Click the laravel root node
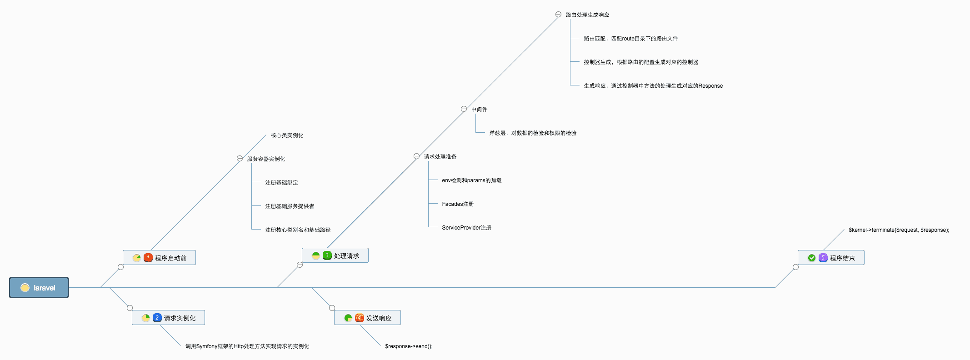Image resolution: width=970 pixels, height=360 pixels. [39, 288]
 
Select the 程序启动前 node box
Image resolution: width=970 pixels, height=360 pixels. [160, 258]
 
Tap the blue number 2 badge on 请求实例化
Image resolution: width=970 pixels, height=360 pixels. [157, 318]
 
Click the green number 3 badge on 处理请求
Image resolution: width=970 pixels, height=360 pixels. [327, 255]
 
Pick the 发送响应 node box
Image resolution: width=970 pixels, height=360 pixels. [368, 318]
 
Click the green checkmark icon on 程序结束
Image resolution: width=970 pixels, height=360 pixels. [812, 258]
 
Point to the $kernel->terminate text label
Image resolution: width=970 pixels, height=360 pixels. [899, 230]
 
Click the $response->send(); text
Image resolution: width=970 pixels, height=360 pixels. [409, 346]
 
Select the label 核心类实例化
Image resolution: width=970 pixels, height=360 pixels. [287, 135]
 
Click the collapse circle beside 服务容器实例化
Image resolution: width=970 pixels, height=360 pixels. [240, 159]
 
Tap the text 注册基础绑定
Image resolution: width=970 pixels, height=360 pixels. [281, 183]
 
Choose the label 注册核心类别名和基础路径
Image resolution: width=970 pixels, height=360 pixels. [298, 230]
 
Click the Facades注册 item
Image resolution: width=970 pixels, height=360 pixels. [458, 204]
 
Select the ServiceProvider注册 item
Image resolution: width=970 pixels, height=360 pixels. [466, 228]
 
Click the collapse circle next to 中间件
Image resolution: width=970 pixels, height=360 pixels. [464, 109]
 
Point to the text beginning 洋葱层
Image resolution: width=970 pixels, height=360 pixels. [533, 133]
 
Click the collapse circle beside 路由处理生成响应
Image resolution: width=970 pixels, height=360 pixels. [558, 15]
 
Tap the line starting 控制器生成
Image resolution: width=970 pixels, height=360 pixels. [641, 62]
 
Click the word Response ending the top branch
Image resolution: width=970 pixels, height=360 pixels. [710, 86]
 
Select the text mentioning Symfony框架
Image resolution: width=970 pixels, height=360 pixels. [247, 346]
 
